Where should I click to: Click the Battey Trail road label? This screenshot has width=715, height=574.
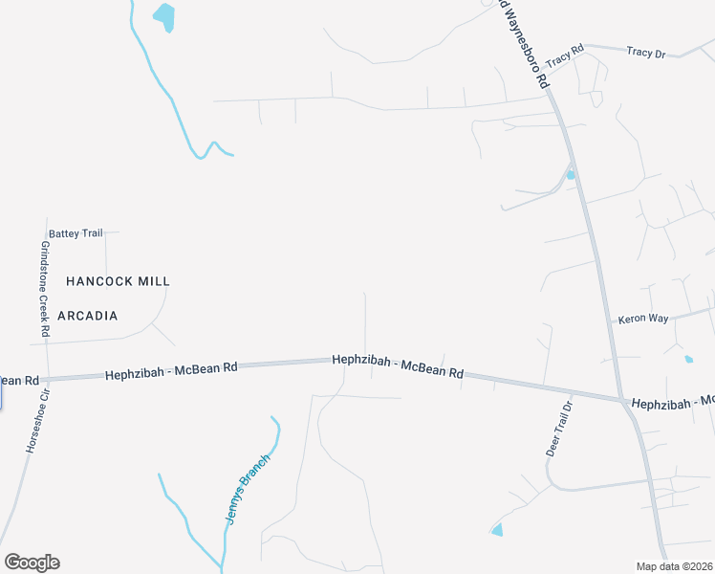click(x=76, y=233)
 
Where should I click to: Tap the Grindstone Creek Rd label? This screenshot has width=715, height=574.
click(x=45, y=286)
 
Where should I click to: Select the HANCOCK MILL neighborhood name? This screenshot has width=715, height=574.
click(x=118, y=281)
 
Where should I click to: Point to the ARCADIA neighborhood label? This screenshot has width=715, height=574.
click(x=88, y=316)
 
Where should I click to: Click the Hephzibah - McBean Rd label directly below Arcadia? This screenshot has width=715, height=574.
click(x=172, y=369)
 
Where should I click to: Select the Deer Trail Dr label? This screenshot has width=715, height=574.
click(x=559, y=430)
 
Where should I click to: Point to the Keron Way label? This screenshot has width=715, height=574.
click(x=643, y=319)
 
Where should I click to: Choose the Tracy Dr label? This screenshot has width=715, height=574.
click(x=645, y=53)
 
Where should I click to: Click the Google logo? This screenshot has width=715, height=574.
click(x=32, y=563)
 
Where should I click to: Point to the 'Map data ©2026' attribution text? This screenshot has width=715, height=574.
click(x=674, y=566)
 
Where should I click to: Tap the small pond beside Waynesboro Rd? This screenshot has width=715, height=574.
click(x=571, y=175)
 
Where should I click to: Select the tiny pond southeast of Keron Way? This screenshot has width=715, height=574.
click(x=689, y=360)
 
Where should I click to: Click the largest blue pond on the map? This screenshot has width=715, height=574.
click(x=164, y=16)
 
